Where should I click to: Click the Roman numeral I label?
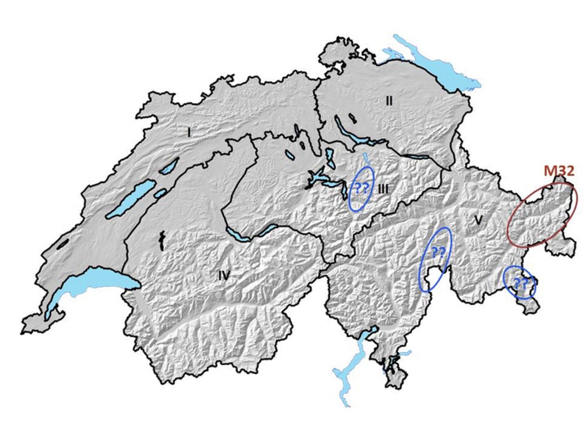189,132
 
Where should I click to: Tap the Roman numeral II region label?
389,100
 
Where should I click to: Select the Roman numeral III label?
383,189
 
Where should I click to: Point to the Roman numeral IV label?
224,275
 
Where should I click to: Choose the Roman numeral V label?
478,220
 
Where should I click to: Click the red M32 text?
559,170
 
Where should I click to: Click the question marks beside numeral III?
361,189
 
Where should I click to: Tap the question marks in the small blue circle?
520,284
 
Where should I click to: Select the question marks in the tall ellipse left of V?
438,251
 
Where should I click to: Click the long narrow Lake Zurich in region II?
350,133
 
